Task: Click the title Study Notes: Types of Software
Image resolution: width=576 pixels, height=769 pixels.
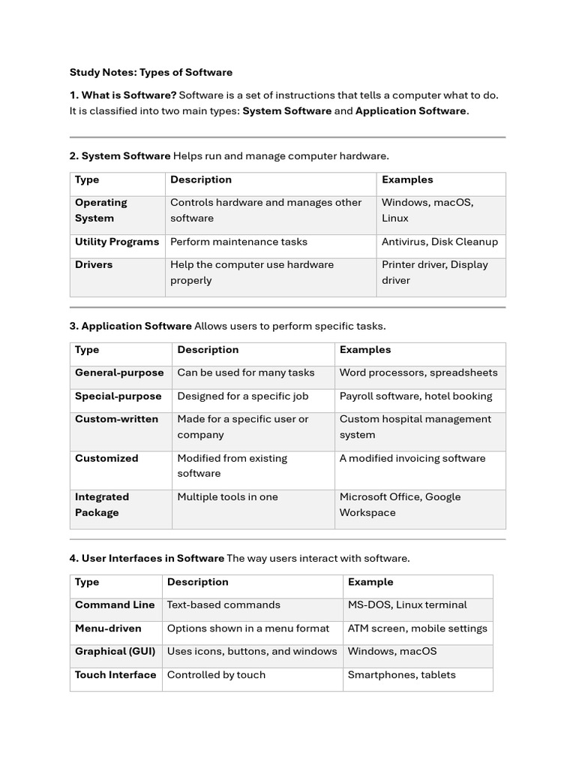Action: point(151,73)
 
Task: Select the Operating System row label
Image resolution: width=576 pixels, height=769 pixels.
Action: point(101,210)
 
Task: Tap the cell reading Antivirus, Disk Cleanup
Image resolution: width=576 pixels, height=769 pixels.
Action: point(439,242)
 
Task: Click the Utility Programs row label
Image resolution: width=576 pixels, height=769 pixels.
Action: point(117,242)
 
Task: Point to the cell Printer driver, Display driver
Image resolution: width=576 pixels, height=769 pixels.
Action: point(435,273)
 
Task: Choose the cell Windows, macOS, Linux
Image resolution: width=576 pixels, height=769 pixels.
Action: point(427,210)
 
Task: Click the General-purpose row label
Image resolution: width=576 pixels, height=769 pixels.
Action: point(119,372)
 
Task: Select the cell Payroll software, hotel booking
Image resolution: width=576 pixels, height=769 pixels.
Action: point(415,396)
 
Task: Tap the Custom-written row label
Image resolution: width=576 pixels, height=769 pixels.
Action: point(116,419)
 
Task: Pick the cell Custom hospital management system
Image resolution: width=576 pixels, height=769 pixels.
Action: point(415,427)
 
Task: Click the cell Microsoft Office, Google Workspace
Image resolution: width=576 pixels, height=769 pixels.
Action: point(400,505)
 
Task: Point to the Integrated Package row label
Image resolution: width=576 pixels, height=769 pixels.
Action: point(102,505)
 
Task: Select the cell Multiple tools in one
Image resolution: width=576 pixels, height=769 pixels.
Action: point(227,497)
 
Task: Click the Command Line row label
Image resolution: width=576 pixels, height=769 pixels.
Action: point(115,605)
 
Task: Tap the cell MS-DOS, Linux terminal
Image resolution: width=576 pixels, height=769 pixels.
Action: point(407,605)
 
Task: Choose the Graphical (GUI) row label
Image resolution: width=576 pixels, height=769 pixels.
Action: point(115,651)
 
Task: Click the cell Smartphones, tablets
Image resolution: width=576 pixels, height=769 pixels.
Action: point(401,674)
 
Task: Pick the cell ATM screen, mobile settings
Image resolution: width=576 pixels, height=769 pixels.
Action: point(417,628)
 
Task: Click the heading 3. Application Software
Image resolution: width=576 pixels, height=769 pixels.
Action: point(136,326)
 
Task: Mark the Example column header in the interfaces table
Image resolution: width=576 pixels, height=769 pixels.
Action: point(370,582)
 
